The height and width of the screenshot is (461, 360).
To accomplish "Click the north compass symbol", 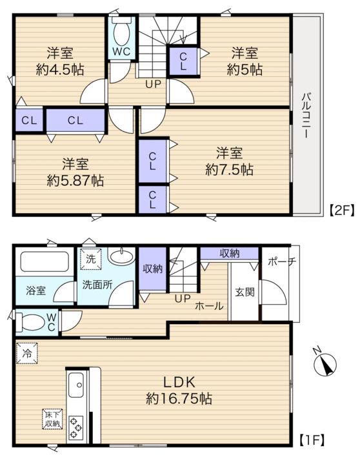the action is (325, 364).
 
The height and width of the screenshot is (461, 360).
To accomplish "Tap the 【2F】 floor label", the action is (341, 210).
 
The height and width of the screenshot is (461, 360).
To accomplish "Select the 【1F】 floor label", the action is (312, 440).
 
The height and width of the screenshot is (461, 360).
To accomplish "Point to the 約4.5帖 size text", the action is (60, 70).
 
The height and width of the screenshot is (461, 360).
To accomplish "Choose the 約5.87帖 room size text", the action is (75, 181).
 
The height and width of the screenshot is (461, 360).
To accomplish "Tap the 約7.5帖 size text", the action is (229, 170).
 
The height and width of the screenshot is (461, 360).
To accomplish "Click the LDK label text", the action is (179, 382).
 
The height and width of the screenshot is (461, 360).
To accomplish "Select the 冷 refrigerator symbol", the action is (27, 353).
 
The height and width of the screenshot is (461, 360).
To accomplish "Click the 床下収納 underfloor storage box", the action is (52, 419).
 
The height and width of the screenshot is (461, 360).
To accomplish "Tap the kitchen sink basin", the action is (76, 385).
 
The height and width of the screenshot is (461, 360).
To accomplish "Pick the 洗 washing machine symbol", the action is (90, 259).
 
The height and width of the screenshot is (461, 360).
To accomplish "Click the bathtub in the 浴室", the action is (45, 261).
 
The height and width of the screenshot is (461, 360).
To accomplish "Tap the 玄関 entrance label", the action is (245, 292).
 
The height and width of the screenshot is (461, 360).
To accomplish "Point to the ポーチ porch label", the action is (281, 261).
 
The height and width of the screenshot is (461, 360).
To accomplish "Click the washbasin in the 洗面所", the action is (121, 255).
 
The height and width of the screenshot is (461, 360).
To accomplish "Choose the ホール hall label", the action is (209, 306).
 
